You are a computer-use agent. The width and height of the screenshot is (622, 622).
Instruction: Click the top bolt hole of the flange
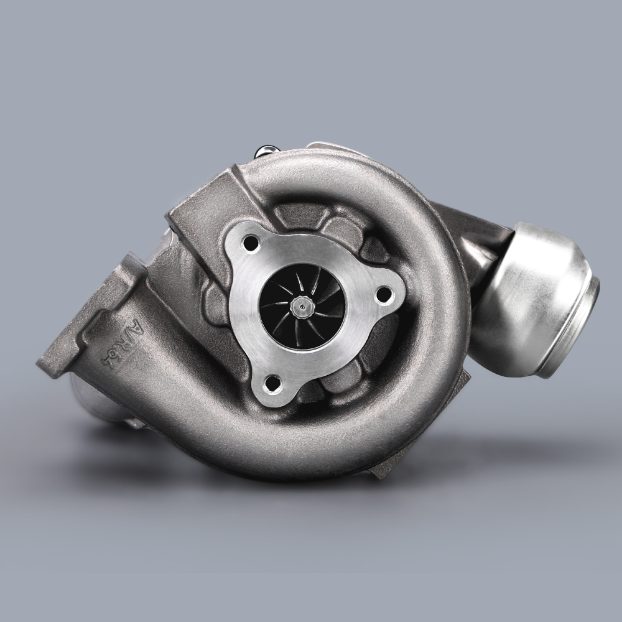(x=252, y=243)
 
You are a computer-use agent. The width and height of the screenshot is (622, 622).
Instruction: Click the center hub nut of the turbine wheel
(x=302, y=305)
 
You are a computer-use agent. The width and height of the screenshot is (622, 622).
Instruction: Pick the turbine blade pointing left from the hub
(x=277, y=305)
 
